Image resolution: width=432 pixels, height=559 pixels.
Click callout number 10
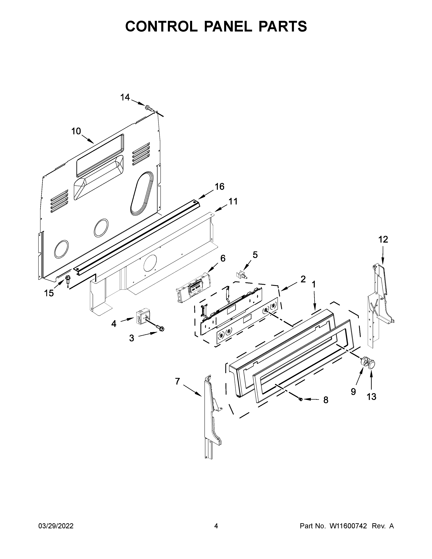click(76, 131)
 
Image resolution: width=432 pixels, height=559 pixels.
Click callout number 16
click(220, 187)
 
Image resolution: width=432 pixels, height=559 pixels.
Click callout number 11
click(233, 201)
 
